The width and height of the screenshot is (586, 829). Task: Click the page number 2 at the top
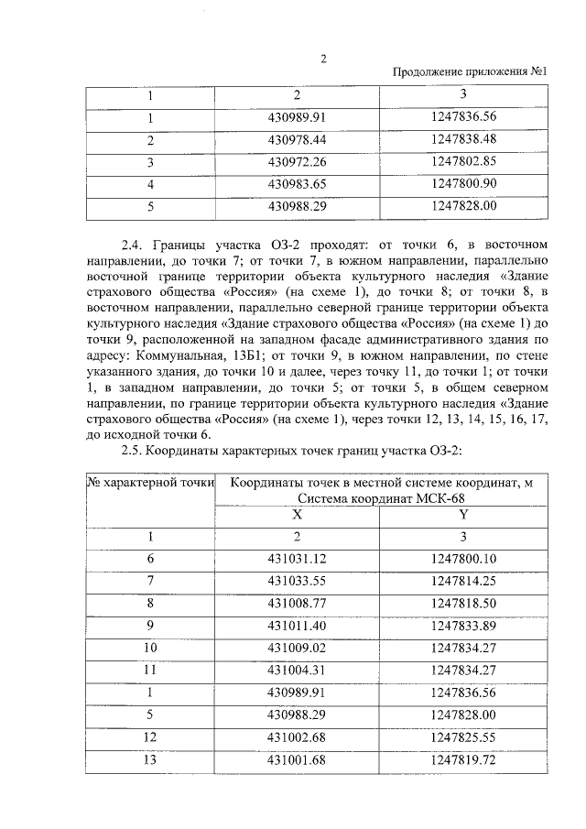[x=323, y=60]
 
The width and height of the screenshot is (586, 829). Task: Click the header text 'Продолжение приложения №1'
[x=470, y=74]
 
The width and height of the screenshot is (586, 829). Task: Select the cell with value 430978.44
[x=297, y=139]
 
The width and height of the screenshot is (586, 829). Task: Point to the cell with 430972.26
[x=297, y=161]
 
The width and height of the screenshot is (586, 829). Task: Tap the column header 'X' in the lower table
[x=297, y=515]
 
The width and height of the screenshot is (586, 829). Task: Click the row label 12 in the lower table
[x=151, y=736]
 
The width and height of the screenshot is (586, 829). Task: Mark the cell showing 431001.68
[x=297, y=759]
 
